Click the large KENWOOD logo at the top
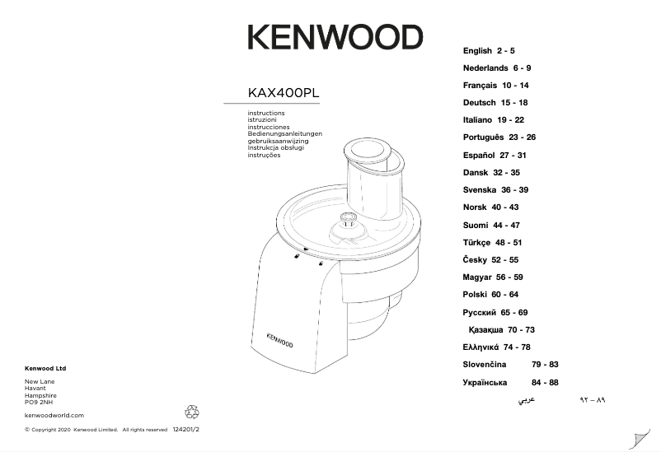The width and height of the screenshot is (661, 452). tap(335, 37)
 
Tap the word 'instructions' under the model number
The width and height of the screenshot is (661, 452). tap(265, 113)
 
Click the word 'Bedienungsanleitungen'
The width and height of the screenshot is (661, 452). tap(284, 133)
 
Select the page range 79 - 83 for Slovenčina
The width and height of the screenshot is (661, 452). tap(545, 365)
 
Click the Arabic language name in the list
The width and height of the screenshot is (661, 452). tap(525, 401)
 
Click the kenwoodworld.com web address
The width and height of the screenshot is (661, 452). tap(54, 416)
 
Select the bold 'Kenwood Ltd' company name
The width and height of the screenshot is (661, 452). tap(45, 368)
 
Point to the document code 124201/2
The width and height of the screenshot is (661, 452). tap(188, 430)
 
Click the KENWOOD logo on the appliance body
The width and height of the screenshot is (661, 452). tap(282, 338)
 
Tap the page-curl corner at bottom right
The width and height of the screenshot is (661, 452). tap(639, 439)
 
